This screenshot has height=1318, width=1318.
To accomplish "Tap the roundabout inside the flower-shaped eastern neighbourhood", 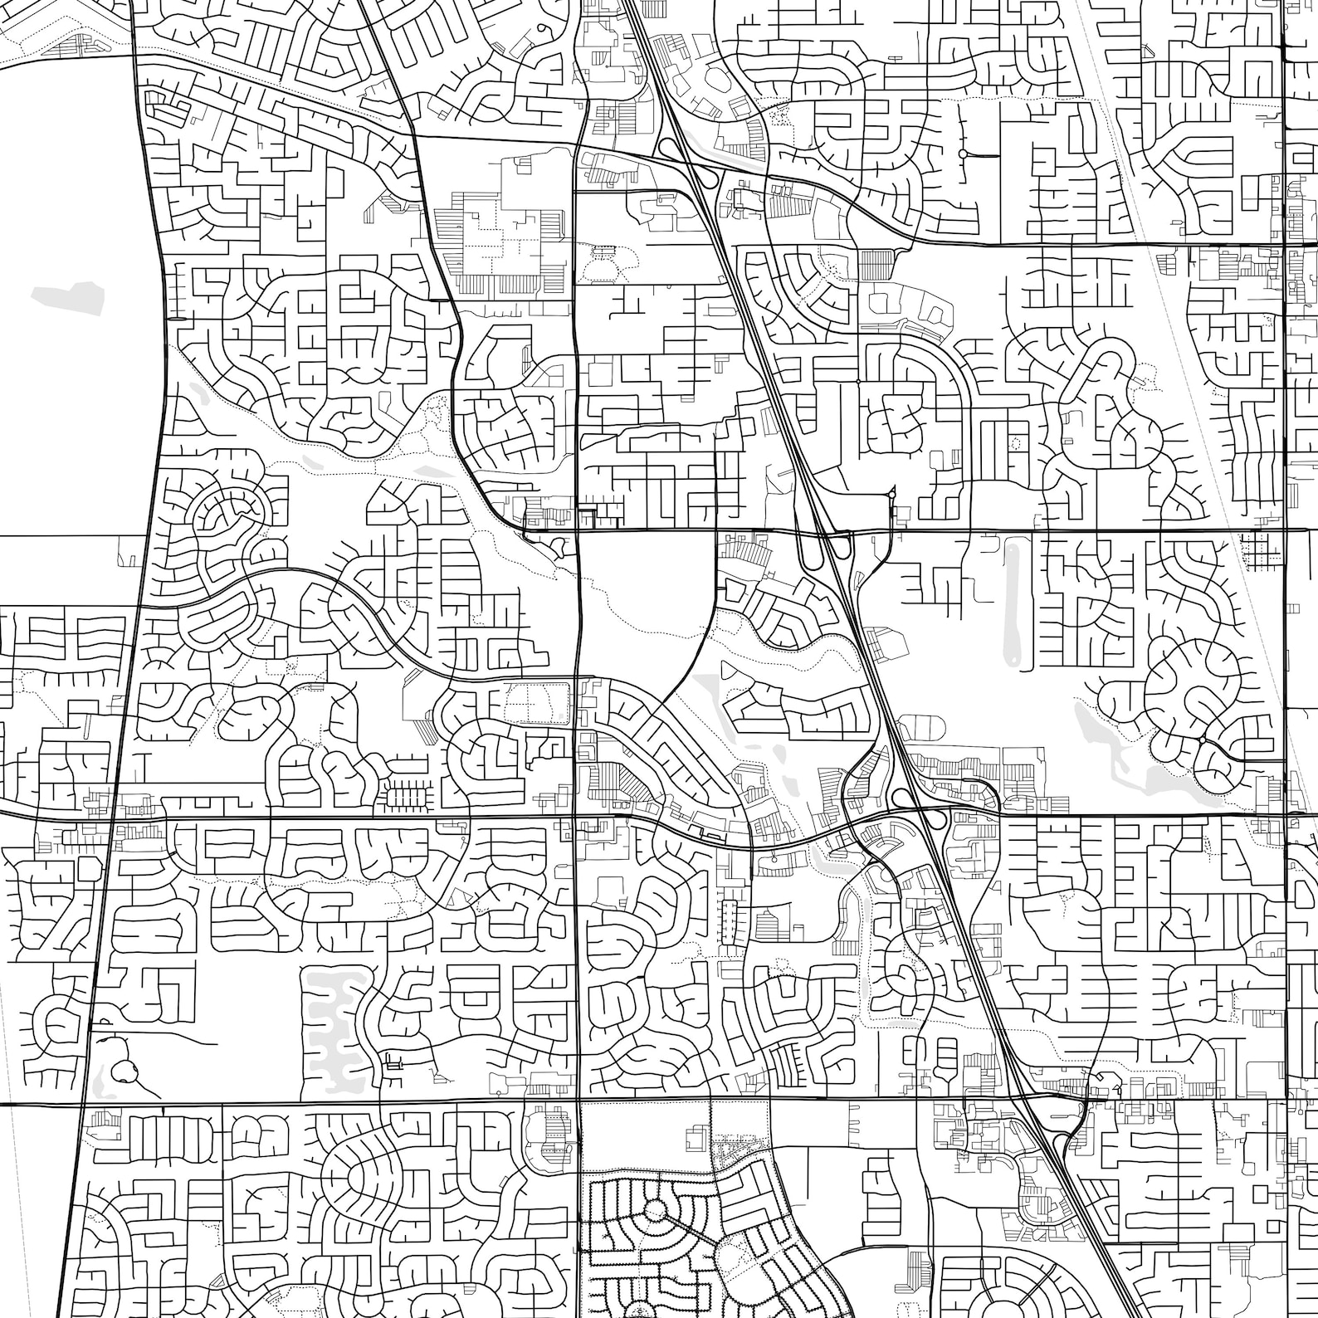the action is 1201,738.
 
